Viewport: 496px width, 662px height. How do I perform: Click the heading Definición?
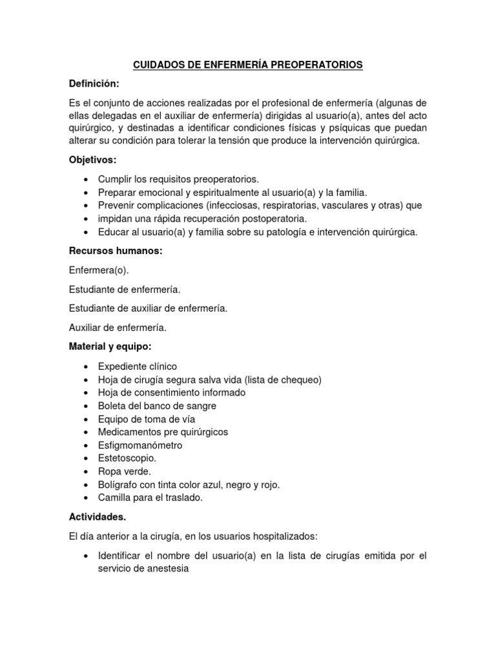pos(95,84)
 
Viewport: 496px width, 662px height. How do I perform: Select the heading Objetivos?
pos(94,159)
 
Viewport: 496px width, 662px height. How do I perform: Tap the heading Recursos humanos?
pos(115,251)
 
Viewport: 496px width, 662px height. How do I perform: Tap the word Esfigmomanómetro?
pos(140,445)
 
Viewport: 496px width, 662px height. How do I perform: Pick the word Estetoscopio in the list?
pos(127,458)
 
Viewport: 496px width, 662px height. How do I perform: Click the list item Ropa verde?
pos(124,472)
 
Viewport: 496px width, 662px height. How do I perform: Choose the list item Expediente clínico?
pos(137,367)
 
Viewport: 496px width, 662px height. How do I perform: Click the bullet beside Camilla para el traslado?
pos(87,498)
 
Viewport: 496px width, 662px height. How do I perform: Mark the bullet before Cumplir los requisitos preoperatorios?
pos(87,179)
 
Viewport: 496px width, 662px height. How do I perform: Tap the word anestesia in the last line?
pos(167,569)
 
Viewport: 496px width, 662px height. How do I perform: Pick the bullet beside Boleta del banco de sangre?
pos(87,407)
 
